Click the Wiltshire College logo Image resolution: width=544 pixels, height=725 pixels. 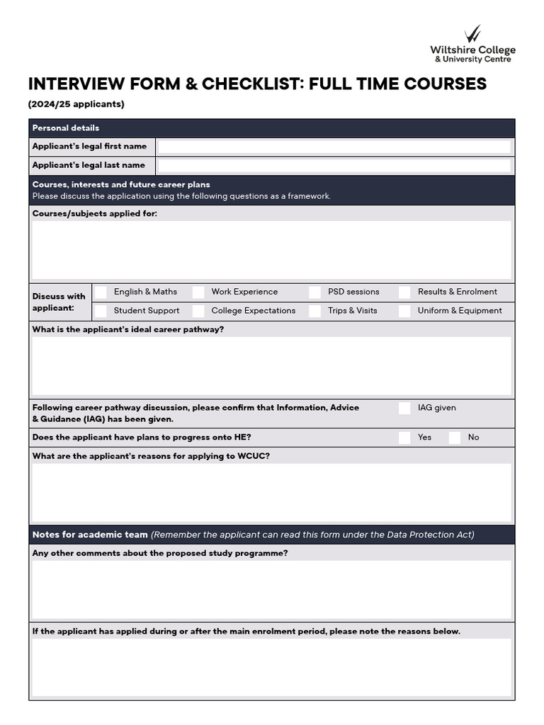tap(473, 44)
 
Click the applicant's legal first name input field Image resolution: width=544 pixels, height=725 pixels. tap(334, 147)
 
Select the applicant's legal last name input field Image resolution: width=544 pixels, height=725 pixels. tap(334, 166)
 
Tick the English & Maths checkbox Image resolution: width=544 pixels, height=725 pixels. tap(101, 292)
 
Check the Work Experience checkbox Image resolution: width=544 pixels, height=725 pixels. tap(198, 292)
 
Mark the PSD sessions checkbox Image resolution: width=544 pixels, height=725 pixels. tap(315, 292)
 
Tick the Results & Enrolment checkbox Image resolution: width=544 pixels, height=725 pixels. tap(404, 292)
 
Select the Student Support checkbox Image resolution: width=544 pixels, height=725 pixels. tap(101, 311)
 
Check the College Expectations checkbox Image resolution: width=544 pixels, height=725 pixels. tap(198, 311)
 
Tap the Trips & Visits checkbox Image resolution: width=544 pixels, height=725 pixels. tap(315, 311)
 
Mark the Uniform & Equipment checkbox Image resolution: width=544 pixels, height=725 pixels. tap(404, 311)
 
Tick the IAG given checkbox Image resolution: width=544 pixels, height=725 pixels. tap(404, 408)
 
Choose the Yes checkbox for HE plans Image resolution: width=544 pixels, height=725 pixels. tap(404, 438)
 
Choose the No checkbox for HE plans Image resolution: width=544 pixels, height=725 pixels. tap(455, 438)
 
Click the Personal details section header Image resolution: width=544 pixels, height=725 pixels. tap(66, 128)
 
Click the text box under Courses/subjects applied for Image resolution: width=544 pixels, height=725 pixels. tap(272, 250)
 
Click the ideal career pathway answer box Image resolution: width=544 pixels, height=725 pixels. tap(272, 365)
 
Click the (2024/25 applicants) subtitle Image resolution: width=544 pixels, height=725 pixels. tap(76, 104)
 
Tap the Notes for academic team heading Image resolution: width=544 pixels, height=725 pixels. tap(90, 535)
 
